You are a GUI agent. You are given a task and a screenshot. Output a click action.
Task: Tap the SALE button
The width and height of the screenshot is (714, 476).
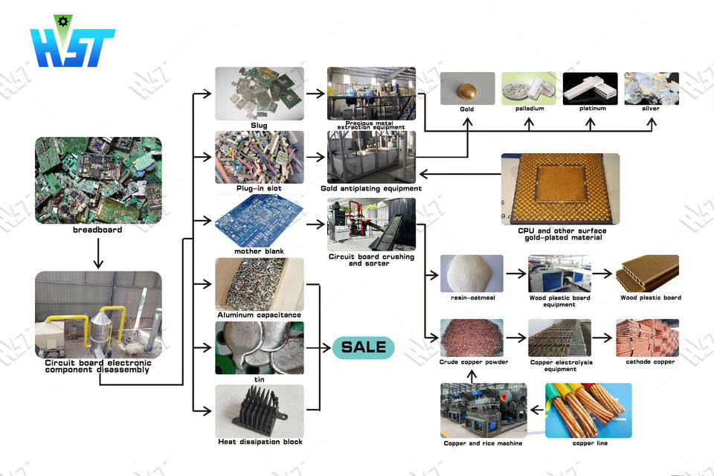coord(363,347)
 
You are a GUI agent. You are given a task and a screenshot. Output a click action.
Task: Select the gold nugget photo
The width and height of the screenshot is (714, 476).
coord(467,88)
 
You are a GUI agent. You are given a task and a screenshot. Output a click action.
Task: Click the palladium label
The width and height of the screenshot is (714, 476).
coord(530,109)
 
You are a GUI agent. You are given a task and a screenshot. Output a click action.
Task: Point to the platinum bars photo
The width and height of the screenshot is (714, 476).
coord(590,88)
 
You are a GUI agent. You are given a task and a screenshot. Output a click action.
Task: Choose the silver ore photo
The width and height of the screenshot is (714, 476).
coord(652,88)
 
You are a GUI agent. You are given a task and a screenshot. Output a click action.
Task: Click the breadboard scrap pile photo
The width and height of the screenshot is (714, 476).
coord(98,179)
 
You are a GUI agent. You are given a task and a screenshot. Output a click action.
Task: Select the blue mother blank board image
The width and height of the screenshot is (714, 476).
coord(259,221)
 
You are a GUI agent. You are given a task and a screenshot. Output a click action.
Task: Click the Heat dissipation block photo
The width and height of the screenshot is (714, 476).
coord(259,410)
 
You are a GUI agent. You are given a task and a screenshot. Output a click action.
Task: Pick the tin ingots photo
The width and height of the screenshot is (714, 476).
coord(259,347)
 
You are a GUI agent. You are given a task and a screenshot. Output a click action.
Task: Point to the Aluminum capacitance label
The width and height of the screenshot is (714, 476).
coord(259,315)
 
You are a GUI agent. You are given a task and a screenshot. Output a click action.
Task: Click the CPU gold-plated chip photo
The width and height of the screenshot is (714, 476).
coord(560,189)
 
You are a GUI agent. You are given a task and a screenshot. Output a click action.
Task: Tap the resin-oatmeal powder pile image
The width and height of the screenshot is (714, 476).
coord(472,273)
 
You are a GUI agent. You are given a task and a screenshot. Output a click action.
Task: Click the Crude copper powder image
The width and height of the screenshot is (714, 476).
coord(472,338)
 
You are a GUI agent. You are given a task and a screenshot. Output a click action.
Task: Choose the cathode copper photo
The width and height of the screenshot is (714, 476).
coord(647,338)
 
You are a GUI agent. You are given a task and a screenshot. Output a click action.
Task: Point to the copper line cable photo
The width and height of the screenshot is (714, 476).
coord(588,410)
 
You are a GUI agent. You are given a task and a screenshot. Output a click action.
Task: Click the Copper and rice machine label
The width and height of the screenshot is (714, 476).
coord(483,443)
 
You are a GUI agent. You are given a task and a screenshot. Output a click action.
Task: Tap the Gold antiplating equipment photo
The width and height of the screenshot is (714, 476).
coord(371,157)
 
